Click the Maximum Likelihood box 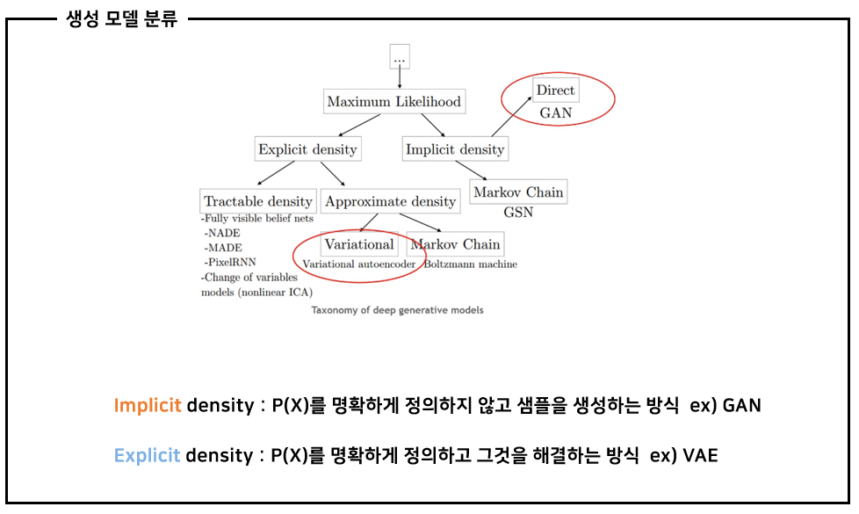tap(394, 101)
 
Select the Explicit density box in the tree tap(308, 149)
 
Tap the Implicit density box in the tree tap(455, 149)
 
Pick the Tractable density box tap(258, 201)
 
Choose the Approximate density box tap(391, 201)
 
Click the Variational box tap(359, 244)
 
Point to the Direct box tap(555, 90)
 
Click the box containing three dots tap(400, 56)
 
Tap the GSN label tap(518, 212)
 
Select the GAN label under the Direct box tap(555, 112)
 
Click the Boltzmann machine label tap(471, 264)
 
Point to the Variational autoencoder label tap(359, 264)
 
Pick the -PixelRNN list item tap(230, 262)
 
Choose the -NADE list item tap(222, 233)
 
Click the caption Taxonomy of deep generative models tap(397, 310)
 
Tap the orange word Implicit tap(148, 406)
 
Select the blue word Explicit tap(147, 455)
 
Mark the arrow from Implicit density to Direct tap(512, 116)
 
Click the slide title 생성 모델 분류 tap(121, 19)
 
